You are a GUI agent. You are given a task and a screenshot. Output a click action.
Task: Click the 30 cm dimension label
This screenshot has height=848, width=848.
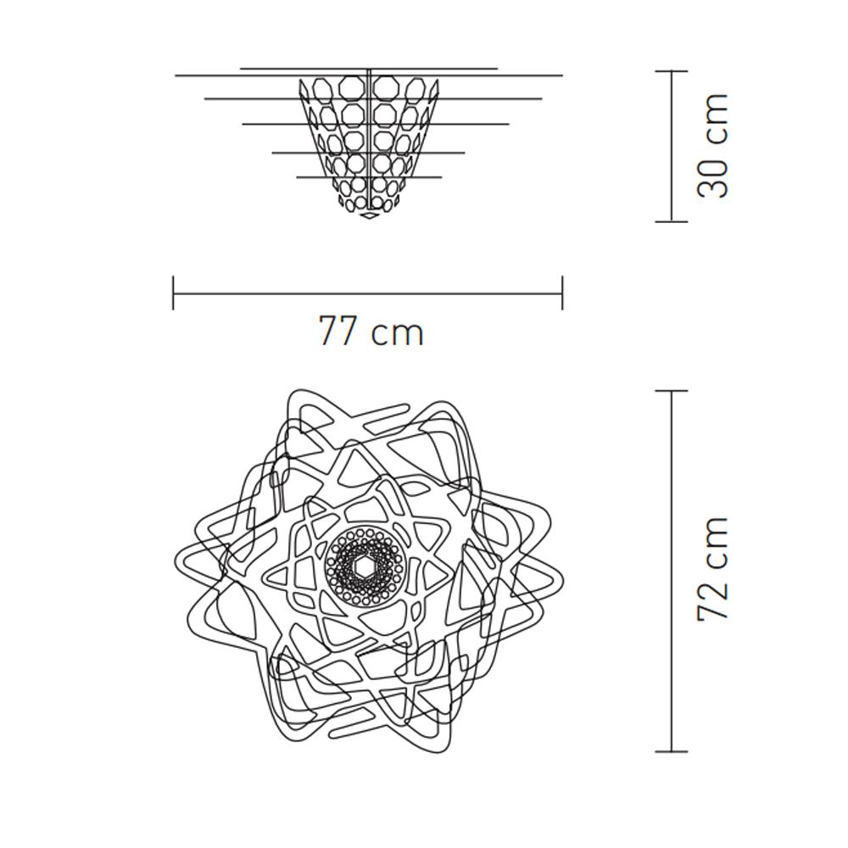[713, 146]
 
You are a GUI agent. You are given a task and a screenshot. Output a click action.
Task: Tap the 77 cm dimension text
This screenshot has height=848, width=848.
[371, 331]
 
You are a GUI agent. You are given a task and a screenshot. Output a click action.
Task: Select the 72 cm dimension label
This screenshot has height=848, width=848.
[713, 568]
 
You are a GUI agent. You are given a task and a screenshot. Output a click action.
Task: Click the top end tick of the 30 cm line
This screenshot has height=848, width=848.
[672, 71]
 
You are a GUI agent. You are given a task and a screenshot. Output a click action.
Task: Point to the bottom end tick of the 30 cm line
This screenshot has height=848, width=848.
[672, 220]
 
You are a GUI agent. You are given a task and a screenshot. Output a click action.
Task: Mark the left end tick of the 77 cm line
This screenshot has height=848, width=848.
[173, 293]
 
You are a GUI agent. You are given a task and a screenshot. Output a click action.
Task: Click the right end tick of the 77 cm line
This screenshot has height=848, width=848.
[562, 293]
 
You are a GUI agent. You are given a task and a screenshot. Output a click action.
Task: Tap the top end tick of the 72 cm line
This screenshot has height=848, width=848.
[672, 390]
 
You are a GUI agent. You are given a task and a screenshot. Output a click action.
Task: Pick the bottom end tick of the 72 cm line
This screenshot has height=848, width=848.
[672, 751]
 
